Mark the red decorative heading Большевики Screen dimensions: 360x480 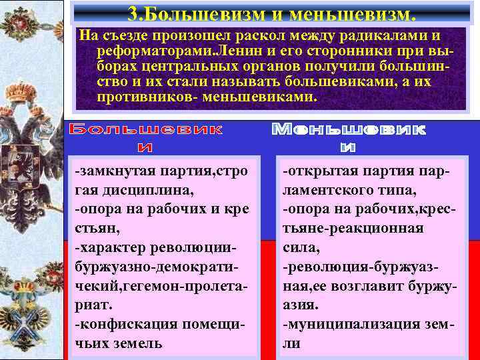point(147,136)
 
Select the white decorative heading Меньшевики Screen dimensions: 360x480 point(348,136)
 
